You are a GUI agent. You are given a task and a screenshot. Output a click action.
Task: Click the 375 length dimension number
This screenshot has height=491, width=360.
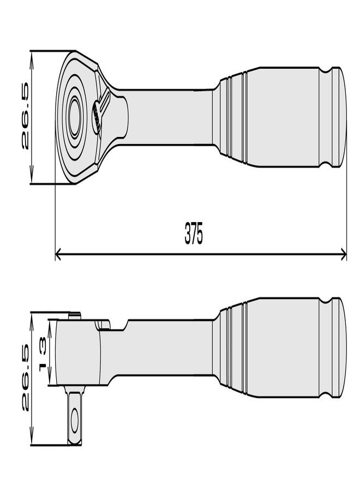(194, 233)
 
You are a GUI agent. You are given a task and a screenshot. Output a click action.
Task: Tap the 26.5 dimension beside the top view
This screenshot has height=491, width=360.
(25, 116)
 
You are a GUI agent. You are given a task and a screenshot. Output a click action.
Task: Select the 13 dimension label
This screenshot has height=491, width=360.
(43, 354)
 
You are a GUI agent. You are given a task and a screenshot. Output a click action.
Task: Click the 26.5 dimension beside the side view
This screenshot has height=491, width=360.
(25, 378)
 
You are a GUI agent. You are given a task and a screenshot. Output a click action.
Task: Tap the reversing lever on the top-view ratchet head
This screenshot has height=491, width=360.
(100, 111)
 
